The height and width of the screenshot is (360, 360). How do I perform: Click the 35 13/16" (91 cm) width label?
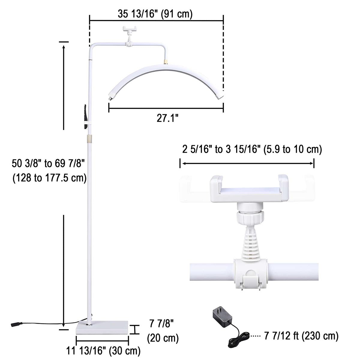point(155,14)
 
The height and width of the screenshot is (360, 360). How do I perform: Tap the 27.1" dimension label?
point(167,118)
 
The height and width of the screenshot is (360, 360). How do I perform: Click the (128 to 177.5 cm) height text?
point(49,178)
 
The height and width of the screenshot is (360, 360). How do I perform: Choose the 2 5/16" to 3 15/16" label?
point(221,149)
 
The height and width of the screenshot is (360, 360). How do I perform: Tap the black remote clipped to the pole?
point(85,117)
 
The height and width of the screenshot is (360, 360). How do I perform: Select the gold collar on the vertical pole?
point(89,139)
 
